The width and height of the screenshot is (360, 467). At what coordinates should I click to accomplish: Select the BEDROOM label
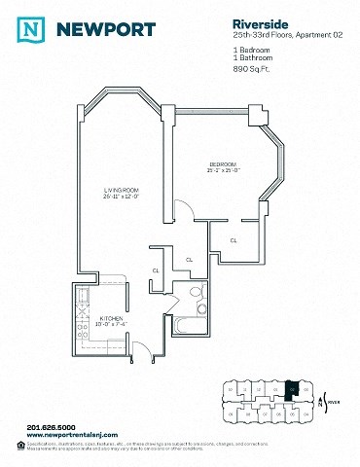click(x=224, y=162)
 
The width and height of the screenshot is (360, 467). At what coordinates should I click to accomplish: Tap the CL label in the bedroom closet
click(x=234, y=238)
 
